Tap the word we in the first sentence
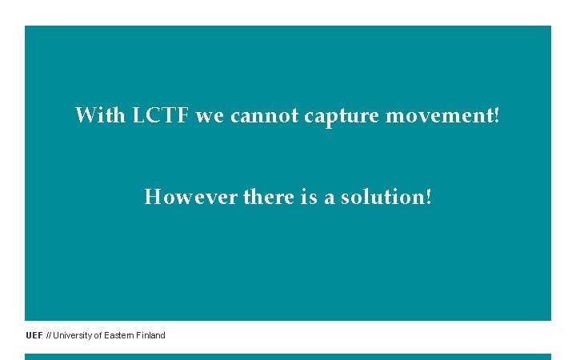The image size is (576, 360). click(210, 116)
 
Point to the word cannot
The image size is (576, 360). click(264, 116)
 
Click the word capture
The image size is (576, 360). click(342, 117)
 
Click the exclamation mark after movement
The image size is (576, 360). click(498, 115)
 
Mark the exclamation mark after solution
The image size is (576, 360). click(428, 196)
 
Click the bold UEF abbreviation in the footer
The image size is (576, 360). click(34, 335)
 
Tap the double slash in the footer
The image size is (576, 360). click(49, 335)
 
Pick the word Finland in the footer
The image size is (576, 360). click(150, 335)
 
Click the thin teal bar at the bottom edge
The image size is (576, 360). click(288, 357)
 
